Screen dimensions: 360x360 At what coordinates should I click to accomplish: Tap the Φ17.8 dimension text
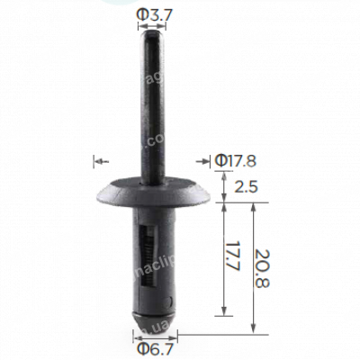236,161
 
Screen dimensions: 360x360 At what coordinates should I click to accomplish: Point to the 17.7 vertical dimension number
234,258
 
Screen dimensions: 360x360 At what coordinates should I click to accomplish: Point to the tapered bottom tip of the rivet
151,319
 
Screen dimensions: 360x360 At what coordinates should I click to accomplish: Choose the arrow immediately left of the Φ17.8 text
204,162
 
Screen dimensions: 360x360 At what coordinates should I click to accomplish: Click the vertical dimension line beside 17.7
219,258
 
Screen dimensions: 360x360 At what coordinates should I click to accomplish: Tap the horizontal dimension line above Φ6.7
151,331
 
